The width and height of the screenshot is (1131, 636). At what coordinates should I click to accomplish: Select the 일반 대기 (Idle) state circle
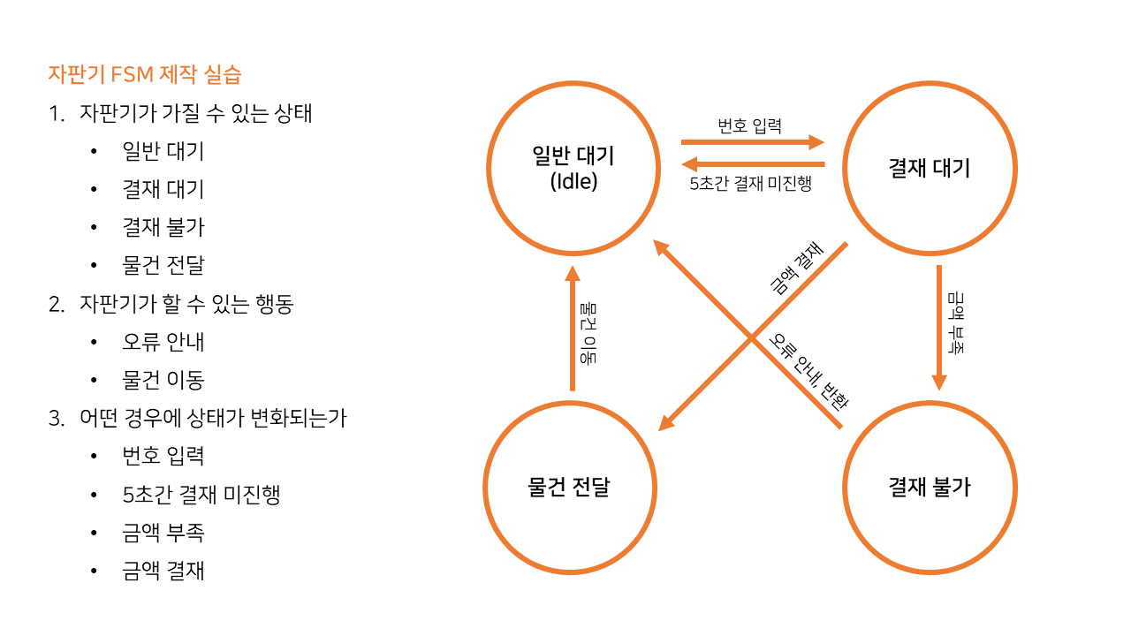(573, 168)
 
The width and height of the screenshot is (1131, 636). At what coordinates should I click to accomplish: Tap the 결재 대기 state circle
(929, 168)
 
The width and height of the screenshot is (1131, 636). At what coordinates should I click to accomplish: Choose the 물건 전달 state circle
(569, 487)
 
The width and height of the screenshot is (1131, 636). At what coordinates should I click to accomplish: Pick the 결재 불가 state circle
(929, 487)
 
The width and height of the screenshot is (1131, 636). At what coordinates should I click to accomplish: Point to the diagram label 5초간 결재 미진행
(750, 185)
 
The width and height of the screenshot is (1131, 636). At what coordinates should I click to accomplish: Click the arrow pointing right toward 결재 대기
(752, 141)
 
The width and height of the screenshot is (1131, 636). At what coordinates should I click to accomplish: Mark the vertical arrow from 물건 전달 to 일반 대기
(573, 329)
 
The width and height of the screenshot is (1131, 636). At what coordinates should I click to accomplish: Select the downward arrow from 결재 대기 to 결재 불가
(938, 327)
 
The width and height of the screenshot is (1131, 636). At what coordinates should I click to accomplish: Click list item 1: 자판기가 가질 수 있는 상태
(195, 113)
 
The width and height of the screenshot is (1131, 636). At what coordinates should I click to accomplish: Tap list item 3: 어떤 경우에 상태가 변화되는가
(213, 418)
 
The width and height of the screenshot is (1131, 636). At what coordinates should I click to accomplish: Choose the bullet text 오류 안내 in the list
(163, 342)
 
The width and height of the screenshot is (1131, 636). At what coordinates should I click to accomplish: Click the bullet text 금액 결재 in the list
(163, 571)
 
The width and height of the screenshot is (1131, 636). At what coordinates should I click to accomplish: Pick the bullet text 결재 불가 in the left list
(163, 227)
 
